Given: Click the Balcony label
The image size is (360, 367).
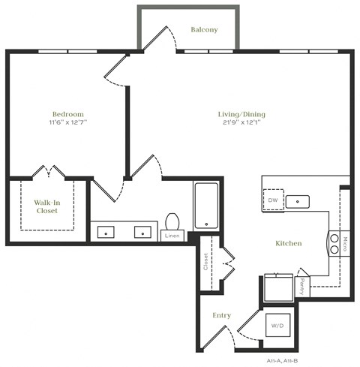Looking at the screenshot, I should (204, 30).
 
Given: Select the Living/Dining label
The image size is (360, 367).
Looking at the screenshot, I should (241, 115).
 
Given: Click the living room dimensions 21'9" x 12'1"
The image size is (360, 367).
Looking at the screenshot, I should (241, 124).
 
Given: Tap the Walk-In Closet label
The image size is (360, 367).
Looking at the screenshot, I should (48, 206).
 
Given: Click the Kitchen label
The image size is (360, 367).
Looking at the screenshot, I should (288, 243).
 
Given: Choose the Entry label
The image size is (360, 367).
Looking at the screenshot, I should (221, 315).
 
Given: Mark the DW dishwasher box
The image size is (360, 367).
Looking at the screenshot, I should (274, 200).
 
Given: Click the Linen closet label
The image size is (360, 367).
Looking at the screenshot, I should (172, 236).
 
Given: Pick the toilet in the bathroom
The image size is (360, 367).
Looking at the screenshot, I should (172, 221).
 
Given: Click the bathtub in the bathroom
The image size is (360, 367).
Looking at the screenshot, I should (206, 204).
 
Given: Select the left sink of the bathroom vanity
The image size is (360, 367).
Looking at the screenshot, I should (106, 233).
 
